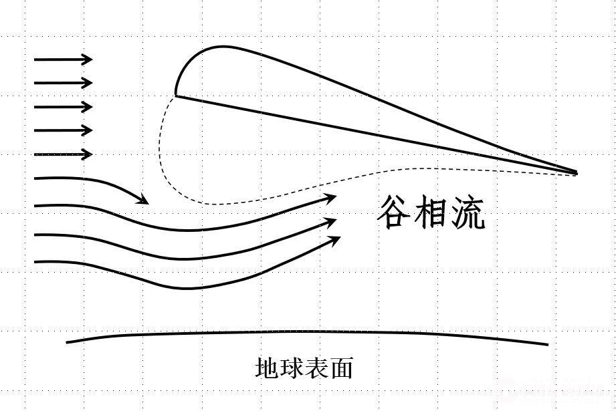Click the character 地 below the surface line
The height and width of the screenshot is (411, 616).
click(267, 369)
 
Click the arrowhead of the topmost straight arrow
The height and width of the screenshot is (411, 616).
click(88, 59)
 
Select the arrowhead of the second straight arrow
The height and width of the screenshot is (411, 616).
click(88, 83)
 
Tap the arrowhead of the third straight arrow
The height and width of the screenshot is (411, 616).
click(88, 107)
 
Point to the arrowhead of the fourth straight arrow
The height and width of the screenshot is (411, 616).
click(88, 130)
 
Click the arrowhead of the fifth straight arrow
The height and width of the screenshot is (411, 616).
click(88, 154)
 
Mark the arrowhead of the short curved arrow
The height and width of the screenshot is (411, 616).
click(143, 200)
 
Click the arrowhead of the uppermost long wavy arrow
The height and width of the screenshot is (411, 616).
click(331, 197)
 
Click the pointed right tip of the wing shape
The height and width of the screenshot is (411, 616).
click(576, 172)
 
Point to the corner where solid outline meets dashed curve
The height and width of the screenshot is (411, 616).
click(177, 96)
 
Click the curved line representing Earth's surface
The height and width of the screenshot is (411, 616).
click(308, 332)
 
